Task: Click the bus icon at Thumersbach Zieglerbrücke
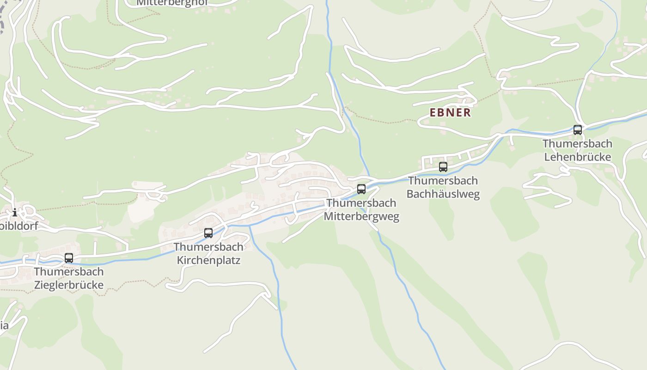point(69,258)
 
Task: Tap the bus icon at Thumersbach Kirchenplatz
point(208,233)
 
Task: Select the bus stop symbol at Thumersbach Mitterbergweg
point(361,189)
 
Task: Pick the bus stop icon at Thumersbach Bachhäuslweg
point(443,167)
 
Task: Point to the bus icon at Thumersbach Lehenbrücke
point(578,130)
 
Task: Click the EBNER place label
point(450,112)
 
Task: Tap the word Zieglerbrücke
point(69,284)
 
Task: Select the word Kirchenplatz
point(208,260)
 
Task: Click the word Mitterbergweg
point(361,216)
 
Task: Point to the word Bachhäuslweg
point(443,193)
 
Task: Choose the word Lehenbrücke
point(578,157)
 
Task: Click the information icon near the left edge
point(15,212)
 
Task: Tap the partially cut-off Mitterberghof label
point(172,3)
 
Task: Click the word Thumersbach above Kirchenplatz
point(208,247)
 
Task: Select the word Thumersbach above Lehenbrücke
point(578,144)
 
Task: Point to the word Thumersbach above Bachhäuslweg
point(443,180)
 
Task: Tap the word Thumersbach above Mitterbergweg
point(361,203)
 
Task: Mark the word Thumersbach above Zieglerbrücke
point(69,271)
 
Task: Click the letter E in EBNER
point(433,112)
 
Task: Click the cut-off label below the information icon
point(18,227)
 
